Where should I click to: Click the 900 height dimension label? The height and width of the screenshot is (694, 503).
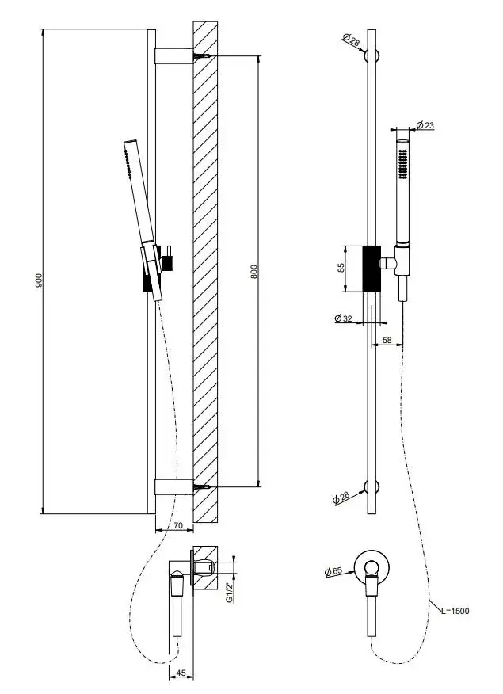click(x=40, y=280)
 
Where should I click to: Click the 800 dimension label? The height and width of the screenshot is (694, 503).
click(x=254, y=271)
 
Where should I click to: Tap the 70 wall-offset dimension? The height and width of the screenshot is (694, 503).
click(x=178, y=525)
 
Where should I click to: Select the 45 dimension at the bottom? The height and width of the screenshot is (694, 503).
click(x=181, y=673)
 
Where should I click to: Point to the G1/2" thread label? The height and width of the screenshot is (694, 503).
click(x=229, y=593)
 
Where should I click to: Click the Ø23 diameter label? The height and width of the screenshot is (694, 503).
click(x=425, y=125)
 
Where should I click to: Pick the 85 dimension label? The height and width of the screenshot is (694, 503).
click(x=341, y=268)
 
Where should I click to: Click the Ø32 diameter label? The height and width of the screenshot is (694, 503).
click(x=343, y=318)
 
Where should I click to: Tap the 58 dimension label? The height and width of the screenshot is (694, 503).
click(x=387, y=340)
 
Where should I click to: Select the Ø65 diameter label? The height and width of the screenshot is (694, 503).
click(x=333, y=571)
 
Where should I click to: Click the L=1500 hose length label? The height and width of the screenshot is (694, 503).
click(x=455, y=611)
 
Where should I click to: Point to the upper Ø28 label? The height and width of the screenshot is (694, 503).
click(x=351, y=40)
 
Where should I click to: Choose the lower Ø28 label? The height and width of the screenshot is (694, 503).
click(x=341, y=498)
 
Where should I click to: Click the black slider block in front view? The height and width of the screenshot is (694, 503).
click(x=372, y=269)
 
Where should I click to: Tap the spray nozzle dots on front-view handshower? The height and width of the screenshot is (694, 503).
click(x=402, y=164)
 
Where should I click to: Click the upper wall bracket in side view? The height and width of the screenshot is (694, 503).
click(x=173, y=56)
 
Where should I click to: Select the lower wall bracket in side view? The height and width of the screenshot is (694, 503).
click(x=173, y=487)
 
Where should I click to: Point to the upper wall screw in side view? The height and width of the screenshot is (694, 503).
click(x=201, y=56)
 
